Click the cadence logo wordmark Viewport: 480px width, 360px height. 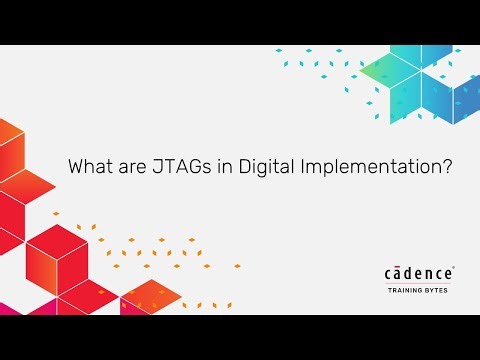[x=419, y=273]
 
